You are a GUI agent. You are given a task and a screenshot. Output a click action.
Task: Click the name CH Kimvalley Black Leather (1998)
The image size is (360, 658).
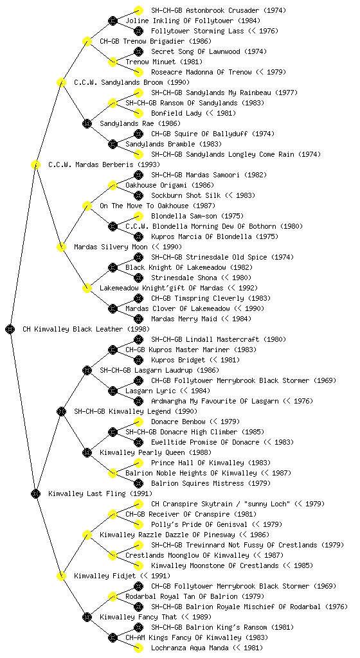86,329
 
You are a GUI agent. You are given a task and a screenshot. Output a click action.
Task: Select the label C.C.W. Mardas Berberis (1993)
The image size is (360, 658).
104,164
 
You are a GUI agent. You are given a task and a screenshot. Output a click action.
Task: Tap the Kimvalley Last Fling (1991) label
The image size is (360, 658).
100,493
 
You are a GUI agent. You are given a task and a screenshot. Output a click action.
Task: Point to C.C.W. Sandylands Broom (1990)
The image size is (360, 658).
132,82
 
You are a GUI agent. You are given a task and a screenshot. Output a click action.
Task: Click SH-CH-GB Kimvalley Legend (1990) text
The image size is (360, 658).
136,411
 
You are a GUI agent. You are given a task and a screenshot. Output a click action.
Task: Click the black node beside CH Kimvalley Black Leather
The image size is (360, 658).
10,329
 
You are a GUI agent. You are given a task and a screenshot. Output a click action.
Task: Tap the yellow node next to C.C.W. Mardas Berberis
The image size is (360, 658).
35,164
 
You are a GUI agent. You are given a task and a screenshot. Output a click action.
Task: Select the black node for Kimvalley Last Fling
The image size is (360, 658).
35,493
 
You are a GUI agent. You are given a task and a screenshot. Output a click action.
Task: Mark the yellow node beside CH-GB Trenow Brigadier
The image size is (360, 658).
87,41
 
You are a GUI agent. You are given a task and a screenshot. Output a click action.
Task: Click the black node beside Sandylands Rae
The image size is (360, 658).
87,123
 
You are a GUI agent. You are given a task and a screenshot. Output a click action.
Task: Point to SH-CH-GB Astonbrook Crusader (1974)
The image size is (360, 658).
219,10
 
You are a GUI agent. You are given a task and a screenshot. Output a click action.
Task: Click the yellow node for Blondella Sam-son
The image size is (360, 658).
138,216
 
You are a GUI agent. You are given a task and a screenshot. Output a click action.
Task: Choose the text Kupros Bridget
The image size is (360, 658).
178,360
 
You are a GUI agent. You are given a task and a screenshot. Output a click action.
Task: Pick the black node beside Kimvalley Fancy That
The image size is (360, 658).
87,617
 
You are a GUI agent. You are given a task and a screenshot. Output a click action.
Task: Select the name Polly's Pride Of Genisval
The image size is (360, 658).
199,524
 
